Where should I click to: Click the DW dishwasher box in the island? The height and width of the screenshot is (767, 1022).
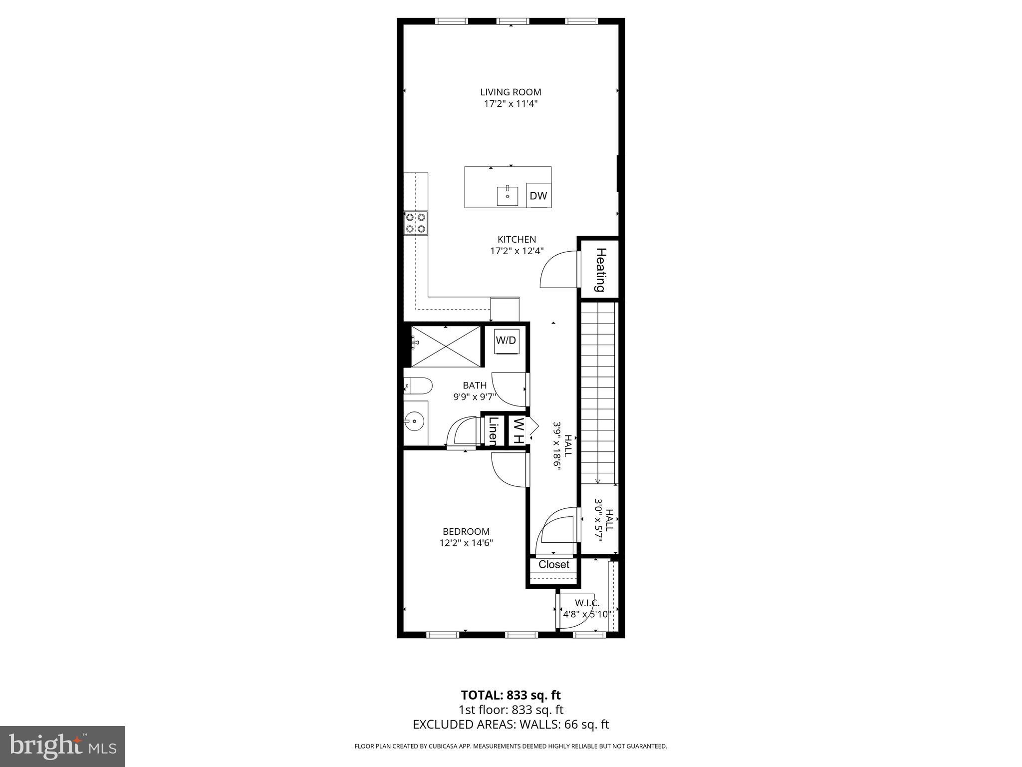pyautogui.click(x=538, y=196)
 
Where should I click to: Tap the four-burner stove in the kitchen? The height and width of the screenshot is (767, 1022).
pyautogui.click(x=416, y=223)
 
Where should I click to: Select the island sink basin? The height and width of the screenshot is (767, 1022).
pyautogui.click(x=507, y=196)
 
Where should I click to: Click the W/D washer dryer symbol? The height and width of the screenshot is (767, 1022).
pyautogui.click(x=506, y=341)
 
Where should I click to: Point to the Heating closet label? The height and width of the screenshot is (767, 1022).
pyautogui.click(x=600, y=270)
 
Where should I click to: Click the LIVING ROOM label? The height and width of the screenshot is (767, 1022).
pyautogui.click(x=511, y=92)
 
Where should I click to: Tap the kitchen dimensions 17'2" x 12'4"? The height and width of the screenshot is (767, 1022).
pyautogui.click(x=516, y=251)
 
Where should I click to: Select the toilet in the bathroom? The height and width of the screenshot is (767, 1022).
pyautogui.click(x=418, y=385)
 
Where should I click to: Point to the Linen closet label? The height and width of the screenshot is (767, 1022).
pyautogui.click(x=493, y=430)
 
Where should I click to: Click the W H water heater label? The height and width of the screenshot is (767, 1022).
pyautogui.click(x=518, y=430)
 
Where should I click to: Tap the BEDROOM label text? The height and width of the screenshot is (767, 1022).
pyautogui.click(x=466, y=531)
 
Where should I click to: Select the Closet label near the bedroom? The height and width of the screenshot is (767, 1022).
pyautogui.click(x=554, y=565)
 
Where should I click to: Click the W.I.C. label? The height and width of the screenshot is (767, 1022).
pyautogui.click(x=587, y=603)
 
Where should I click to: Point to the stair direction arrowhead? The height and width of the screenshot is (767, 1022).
pyautogui.click(x=598, y=481)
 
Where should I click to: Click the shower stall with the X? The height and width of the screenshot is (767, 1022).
pyautogui.click(x=446, y=346)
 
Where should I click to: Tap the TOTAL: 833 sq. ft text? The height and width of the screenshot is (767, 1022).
pyautogui.click(x=511, y=695)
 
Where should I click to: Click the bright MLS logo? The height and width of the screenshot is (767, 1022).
pyautogui.click(x=62, y=746)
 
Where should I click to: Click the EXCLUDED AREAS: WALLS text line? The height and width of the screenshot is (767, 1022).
pyautogui.click(x=511, y=725)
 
